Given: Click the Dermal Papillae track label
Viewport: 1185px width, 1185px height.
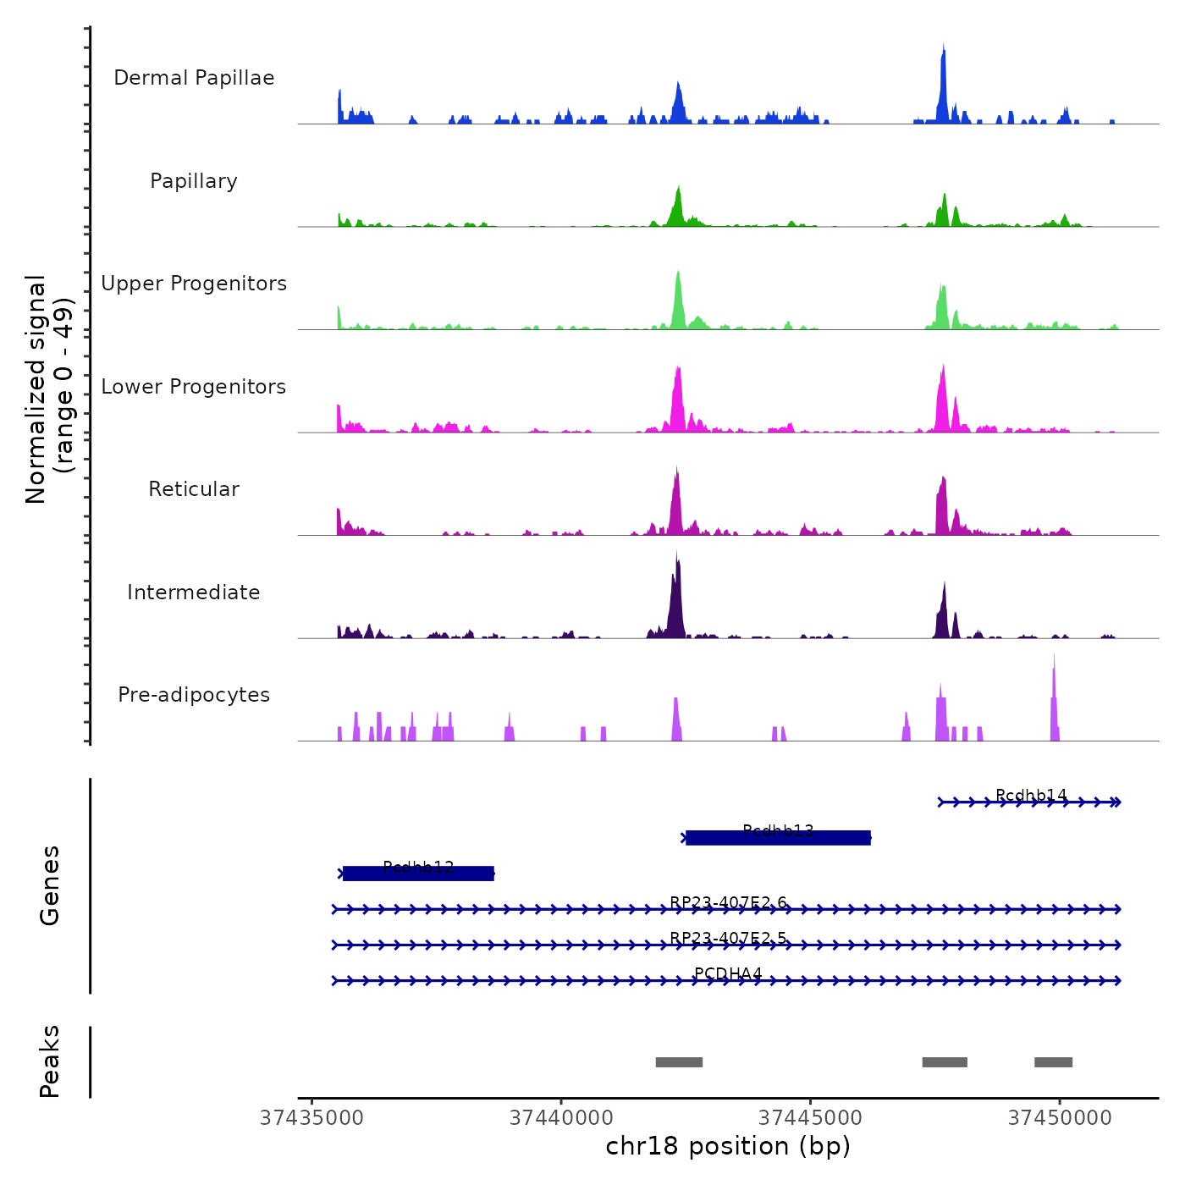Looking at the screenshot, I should [x=194, y=78].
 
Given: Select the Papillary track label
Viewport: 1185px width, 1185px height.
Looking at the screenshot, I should [x=194, y=181].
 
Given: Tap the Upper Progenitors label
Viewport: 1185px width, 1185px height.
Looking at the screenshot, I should [x=194, y=284].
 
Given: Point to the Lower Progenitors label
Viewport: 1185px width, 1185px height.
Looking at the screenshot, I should [x=194, y=387].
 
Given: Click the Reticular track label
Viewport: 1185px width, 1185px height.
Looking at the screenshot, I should [x=194, y=489].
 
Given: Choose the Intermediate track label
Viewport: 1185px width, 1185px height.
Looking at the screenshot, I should [x=194, y=592].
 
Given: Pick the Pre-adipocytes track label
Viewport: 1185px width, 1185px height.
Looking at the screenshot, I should [x=194, y=695].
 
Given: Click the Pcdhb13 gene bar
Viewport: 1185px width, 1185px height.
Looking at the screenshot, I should [x=778, y=838].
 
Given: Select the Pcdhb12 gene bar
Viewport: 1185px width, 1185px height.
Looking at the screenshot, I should [x=418, y=874].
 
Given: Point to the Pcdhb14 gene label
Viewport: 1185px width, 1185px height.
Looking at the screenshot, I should [x=1031, y=795].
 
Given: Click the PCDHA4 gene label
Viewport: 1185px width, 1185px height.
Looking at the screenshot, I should [x=728, y=973].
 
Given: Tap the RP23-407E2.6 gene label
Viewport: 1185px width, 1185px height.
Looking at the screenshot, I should [x=728, y=902].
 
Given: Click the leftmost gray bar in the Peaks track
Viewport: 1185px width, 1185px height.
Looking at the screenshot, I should [x=679, y=1062].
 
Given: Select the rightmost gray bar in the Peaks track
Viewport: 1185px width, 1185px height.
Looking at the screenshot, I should [x=1053, y=1062].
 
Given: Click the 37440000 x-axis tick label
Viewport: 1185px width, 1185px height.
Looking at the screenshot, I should [x=561, y=1117].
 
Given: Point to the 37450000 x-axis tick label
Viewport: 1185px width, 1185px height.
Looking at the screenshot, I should [x=1060, y=1117].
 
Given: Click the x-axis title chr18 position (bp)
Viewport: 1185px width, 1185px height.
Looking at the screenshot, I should [x=728, y=1146].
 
